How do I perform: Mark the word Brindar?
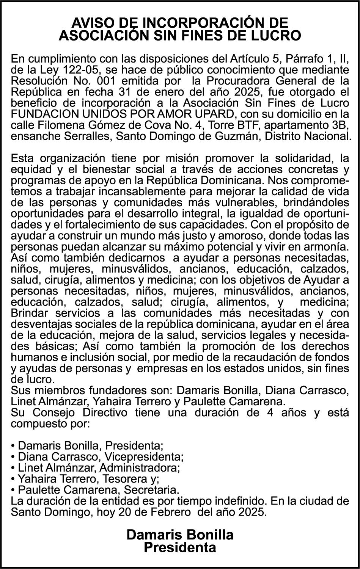pos(30,313)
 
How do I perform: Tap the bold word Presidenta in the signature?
pos(180,548)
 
